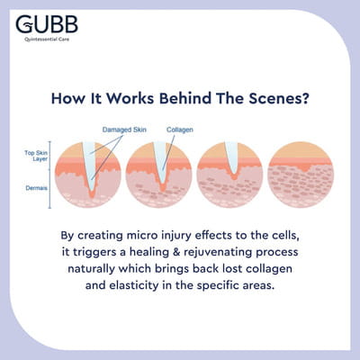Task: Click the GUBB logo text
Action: coord(47,24)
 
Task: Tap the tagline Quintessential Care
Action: coord(47,40)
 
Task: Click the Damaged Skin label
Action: coord(124,130)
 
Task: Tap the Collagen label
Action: coord(180,130)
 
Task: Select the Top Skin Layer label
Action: coord(36,156)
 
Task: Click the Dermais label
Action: coord(36,188)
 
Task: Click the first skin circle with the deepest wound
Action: coord(88,175)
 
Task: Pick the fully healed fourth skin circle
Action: coord(301,175)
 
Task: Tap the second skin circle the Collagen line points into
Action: coord(158,175)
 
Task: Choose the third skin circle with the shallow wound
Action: coord(229,175)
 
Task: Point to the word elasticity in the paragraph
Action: coord(133,285)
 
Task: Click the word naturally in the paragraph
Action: coord(92,269)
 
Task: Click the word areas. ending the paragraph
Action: coord(259,285)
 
